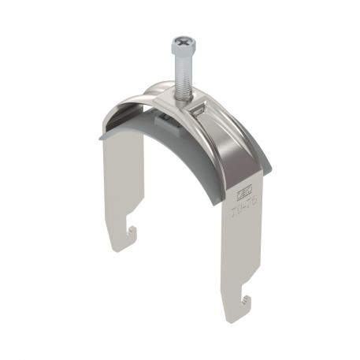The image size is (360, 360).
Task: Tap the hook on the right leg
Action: pyautogui.click(x=247, y=298)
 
